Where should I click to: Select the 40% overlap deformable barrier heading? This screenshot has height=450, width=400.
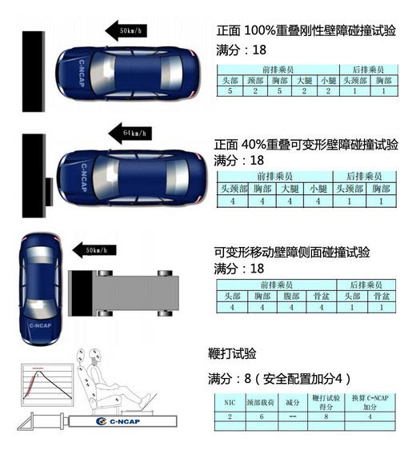coord(307,145)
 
